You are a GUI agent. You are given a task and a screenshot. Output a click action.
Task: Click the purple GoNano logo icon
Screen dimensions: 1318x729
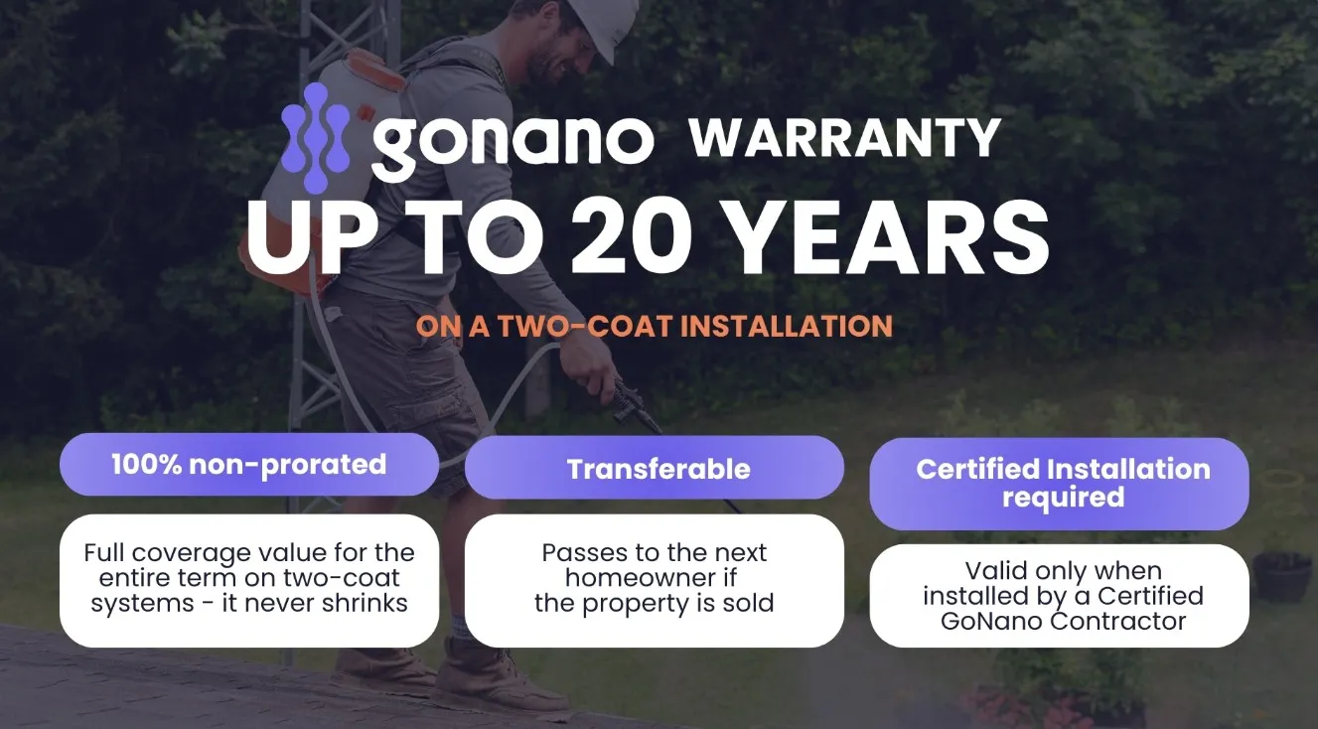pos(316,138)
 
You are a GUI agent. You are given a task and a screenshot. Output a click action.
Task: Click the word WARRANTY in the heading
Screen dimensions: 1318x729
pos(844,138)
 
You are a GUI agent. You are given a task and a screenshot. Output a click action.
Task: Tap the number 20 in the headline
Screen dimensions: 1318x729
pos(632,236)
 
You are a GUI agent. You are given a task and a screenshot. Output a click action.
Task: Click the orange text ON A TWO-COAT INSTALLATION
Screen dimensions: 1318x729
pos(655,326)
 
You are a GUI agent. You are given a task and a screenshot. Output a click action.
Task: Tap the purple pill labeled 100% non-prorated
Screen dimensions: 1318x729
pos(249,465)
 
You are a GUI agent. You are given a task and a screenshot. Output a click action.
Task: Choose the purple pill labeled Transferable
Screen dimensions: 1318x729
pos(655,469)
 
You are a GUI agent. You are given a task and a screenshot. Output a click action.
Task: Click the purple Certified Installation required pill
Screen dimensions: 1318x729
pos(1059,484)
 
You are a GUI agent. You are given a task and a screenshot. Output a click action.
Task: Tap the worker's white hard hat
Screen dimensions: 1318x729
pos(611,24)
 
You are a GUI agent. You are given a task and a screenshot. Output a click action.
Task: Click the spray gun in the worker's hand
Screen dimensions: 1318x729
pos(635,407)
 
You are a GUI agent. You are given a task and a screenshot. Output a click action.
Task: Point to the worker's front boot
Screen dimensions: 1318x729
pos(501,677)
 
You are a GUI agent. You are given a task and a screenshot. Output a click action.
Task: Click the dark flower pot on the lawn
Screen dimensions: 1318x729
pos(1281,578)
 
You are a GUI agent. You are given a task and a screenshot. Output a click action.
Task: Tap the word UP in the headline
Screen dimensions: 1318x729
pos(305,236)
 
